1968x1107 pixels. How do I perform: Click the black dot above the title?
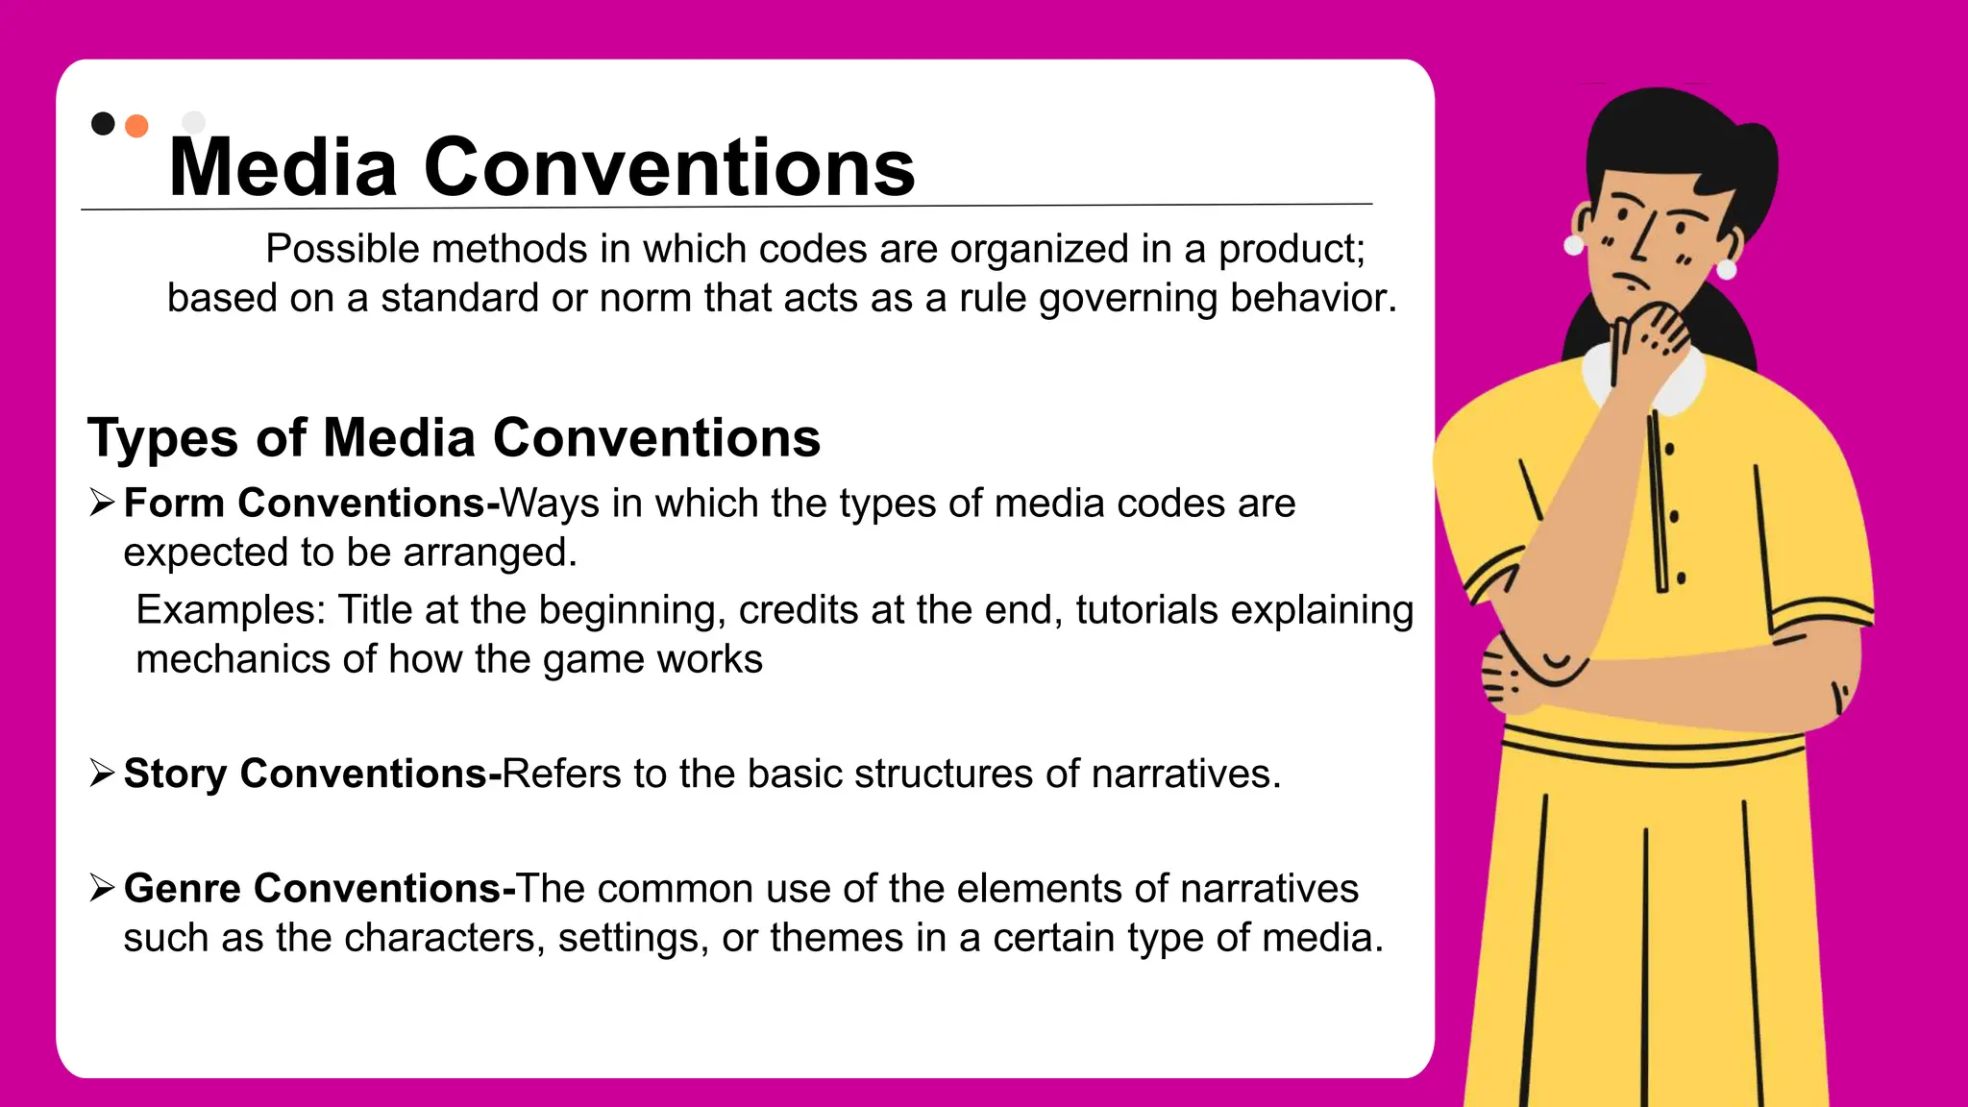tap(103, 124)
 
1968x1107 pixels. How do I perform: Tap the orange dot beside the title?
tap(137, 127)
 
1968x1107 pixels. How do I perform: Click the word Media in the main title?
tap(283, 168)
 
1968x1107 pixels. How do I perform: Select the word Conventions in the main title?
tap(669, 168)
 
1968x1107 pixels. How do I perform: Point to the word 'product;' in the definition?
tap(1291, 250)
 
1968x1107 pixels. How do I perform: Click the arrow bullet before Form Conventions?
tap(102, 502)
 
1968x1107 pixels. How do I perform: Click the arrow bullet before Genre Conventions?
tap(102, 887)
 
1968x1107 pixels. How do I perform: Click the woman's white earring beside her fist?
tap(1726, 269)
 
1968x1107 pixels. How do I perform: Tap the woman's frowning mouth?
tap(1631, 283)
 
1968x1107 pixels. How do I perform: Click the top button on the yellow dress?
tap(1669, 449)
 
